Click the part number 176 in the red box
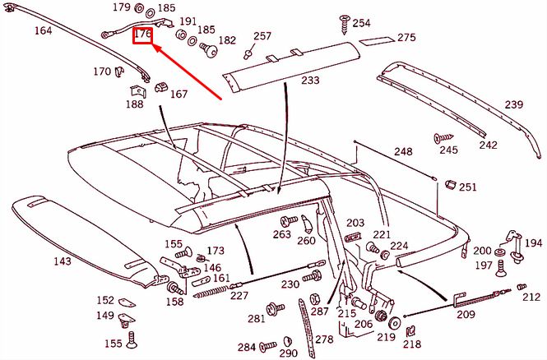click(142, 35)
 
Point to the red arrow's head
click(154, 48)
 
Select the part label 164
click(43, 31)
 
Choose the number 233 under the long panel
click(310, 81)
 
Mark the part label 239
click(513, 104)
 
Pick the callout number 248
click(403, 152)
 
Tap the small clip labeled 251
click(448, 185)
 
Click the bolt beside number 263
click(288, 220)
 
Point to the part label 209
click(466, 314)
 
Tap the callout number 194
click(533, 243)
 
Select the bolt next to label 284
click(269, 347)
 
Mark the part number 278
click(323, 339)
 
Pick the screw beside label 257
click(248, 53)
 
